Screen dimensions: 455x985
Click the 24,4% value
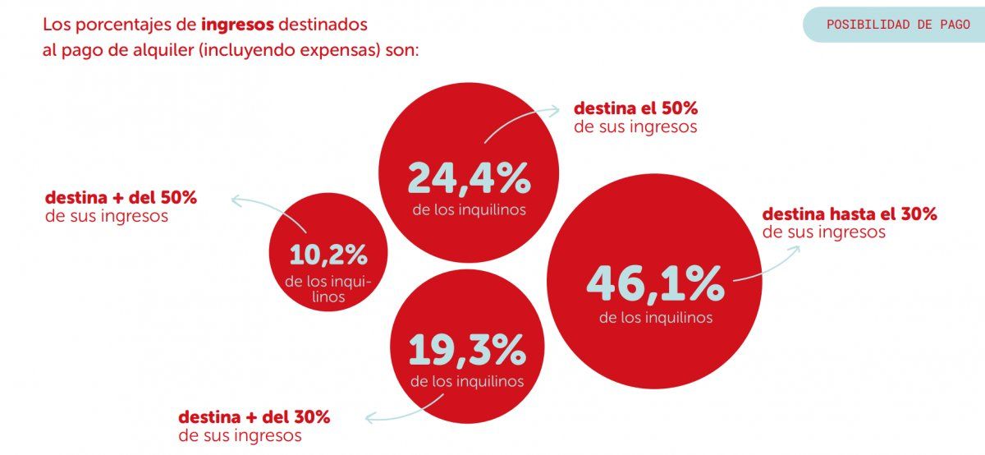[x=469, y=177]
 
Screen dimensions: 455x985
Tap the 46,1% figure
[x=655, y=283]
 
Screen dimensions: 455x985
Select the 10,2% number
[x=328, y=255]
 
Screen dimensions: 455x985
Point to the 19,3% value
[x=467, y=352]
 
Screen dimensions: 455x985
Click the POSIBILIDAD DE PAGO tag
[x=897, y=25]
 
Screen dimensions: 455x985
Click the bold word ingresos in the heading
[x=237, y=24]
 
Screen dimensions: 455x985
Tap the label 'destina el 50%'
[x=635, y=108]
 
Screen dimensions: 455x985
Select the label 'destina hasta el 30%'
[x=850, y=214]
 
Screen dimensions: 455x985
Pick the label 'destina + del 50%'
[x=121, y=198]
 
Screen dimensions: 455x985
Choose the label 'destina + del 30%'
[x=254, y=416]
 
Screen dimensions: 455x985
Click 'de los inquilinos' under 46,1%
[x=655, y=318]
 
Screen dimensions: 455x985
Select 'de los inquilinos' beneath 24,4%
[x=469, y=210]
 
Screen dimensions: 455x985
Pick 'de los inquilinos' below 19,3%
[x=467, y=381]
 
